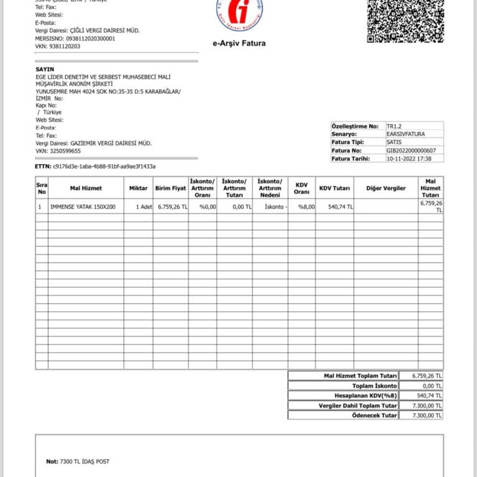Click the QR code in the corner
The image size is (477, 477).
pos(406,20)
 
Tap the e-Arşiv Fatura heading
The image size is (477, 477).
pos(239,43)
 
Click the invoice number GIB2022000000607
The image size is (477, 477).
pos(411,150)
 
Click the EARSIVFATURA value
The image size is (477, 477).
pos(406,134)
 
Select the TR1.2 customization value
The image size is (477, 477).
pos(394,125)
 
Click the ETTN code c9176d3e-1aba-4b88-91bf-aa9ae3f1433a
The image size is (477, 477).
pos(104,166)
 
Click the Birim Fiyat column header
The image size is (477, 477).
pos(171,188)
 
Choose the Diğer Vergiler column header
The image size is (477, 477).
pos(386,188)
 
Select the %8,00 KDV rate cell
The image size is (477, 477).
pos(306,207)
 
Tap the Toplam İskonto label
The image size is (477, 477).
pos(375,386)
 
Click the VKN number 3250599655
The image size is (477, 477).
pos(66,151)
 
